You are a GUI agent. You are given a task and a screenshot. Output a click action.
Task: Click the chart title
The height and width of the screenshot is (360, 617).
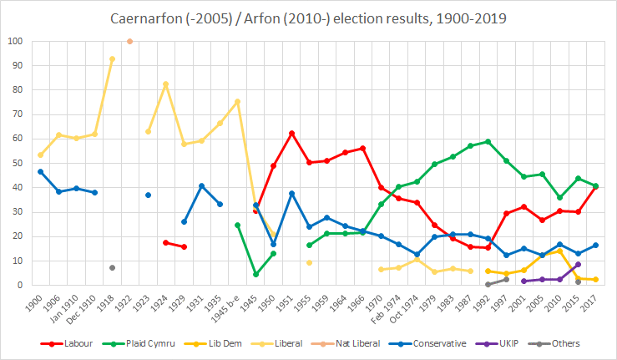click(309, 17)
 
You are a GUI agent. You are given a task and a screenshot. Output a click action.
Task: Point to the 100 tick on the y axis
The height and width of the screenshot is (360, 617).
click(15, 41)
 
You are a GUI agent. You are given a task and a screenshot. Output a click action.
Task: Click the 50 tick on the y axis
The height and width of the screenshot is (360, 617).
click(18, 163)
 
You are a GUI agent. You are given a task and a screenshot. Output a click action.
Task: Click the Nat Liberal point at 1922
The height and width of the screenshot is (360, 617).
click(129, 41)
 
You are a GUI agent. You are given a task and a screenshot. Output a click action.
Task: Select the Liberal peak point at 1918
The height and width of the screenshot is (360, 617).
click(112, 59)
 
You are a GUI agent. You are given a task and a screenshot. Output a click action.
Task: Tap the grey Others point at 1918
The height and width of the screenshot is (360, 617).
click(112, 267)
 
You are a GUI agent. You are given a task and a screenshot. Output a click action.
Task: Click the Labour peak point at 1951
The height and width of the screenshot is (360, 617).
click(291, 133)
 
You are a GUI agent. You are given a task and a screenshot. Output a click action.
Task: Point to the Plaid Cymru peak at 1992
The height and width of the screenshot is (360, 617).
click(488, 141)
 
